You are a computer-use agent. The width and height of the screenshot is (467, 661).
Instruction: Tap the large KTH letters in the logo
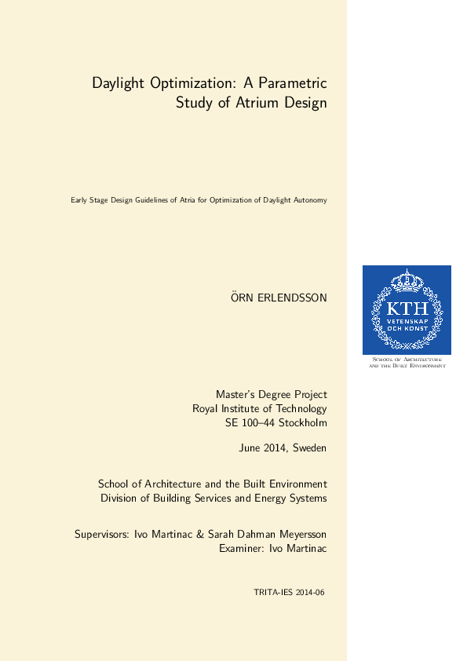click(x=407, y=308)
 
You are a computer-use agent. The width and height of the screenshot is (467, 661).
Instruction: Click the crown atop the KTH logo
click(x=407, y=280)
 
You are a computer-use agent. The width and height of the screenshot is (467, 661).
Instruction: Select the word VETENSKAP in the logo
click(x=407, y=320)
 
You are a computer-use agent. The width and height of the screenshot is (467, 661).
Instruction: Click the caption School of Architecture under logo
click(x=407, y=360)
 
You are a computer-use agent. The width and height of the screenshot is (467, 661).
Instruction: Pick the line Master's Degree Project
click(x=272, y=394)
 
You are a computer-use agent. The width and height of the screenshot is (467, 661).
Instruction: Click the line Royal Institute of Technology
click(x=260, y=409)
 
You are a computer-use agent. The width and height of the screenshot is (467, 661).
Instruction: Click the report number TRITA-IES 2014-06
click(x=289, y=593)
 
